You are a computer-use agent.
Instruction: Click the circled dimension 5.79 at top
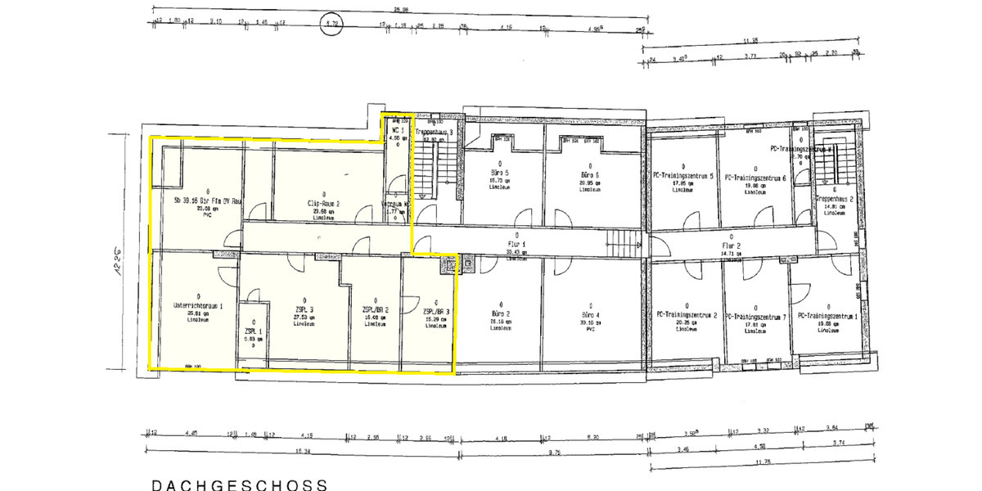coord(332,24)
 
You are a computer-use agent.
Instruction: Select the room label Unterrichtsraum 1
coord(198,306)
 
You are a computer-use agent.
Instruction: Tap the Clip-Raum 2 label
coord(324,203)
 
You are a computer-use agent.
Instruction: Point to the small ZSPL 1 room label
coord(253,330)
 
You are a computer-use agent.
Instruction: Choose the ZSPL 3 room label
coord(304,309)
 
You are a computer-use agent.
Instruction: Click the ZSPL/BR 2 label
coord(375,310)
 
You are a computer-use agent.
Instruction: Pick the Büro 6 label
coord(590,175)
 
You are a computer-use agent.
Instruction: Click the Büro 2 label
coord(502,314)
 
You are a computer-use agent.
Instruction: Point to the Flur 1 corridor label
coord(516,244)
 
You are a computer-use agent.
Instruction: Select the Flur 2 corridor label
coord(731,245)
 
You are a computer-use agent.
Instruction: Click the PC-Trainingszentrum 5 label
coord(683,176)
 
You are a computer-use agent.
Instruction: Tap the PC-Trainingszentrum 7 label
coord(755,316)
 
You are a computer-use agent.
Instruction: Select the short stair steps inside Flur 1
coord(624,241)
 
